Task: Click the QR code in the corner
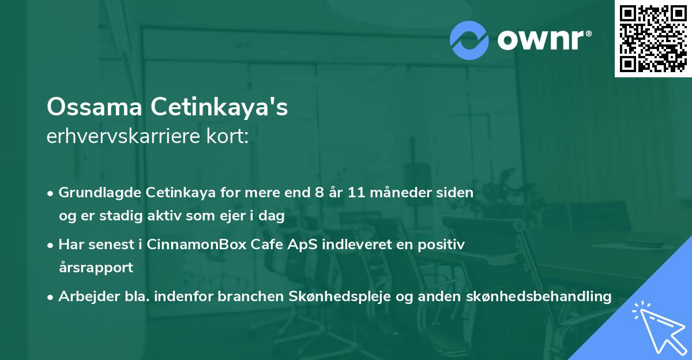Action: (x=652, y=39)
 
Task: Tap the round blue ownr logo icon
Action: (x=469, y=40)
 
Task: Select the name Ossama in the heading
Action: (x=95, y=107)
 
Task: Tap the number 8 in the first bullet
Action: (x=319, y=193)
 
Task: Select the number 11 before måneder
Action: (x=358, y=193)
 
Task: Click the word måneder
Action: (x=404, y=193)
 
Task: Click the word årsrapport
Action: (x=96, y=268)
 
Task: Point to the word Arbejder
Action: (x=85, y=297)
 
